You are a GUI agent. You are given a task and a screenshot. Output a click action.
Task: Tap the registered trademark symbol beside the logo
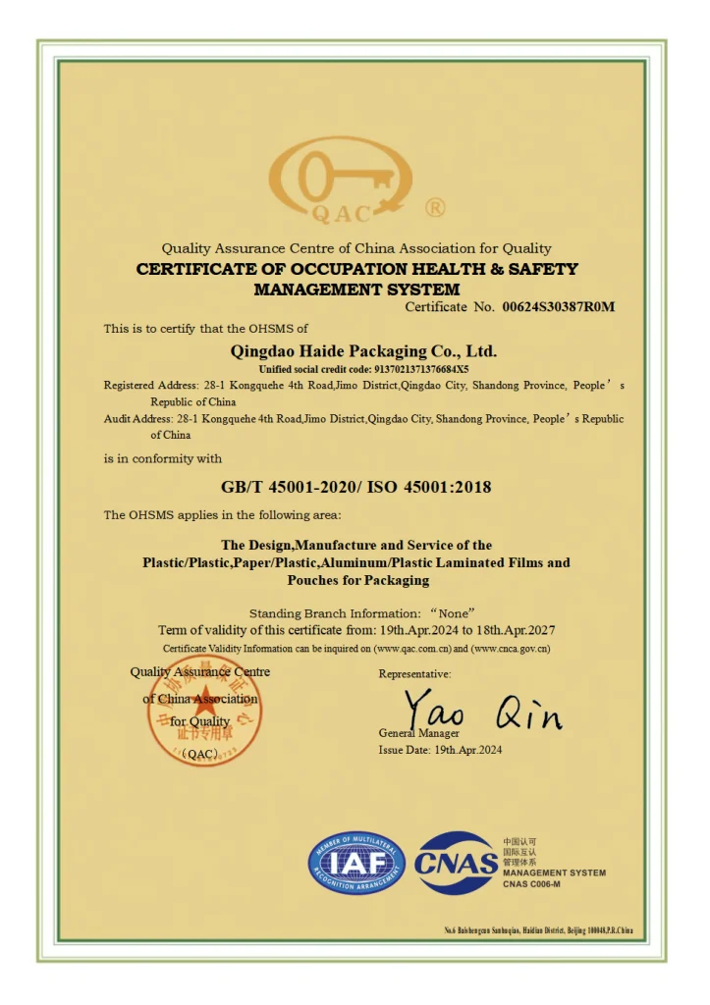pyautogui.click(x=435, y=207)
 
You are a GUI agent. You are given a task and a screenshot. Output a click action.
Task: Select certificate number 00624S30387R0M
pyautogui.click(x=558, y=307)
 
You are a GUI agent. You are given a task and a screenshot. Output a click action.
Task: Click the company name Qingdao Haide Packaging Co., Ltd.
pyautogui.click(x=363, y=350)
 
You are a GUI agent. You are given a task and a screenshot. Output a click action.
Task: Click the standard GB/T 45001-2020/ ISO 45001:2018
pyautogui.click(x=355, y=487)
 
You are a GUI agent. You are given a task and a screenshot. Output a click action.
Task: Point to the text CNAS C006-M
pyautogui.click(x=531, y=884)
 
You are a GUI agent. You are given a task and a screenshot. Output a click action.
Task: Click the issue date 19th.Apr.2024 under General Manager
pyautogui.click(x=468, y=750)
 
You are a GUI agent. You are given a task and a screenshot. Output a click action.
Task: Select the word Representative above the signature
pyautogui.click(x=414, y=674)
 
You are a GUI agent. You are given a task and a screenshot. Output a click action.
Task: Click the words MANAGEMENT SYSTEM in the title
pyautogui.click(x=356, y=290)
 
